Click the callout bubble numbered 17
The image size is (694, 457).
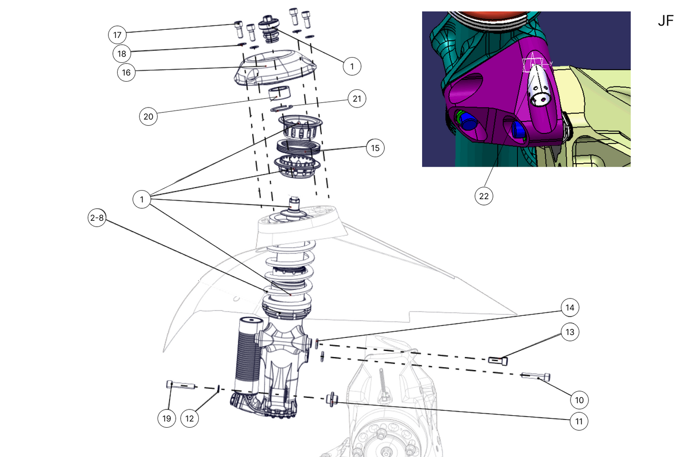click(x=117, y=35)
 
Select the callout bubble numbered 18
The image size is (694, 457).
click(x=122, y=54)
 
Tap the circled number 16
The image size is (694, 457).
click(x=126, y=72)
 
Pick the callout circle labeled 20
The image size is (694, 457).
click(x=148, y=117)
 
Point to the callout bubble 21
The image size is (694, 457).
click(x=357, y=99)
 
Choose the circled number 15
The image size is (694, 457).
click(x=375, y=148)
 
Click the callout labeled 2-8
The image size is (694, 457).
click(x=97, y=218)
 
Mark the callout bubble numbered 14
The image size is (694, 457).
click(x=570, y=308)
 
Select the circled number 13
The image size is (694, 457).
click(x=570, y=332)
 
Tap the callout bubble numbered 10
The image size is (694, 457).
click(x=579, y=400)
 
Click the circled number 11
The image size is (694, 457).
click(x=579, y=421)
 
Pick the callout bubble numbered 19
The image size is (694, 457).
click(x=167, y=419)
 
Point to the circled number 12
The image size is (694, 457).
click(x=190, y=419)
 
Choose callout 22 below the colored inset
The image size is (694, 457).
click(x=484, y=196)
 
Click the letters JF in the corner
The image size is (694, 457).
click(x=666, y=21)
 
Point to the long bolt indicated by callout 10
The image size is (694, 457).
click(x=535, y=376)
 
